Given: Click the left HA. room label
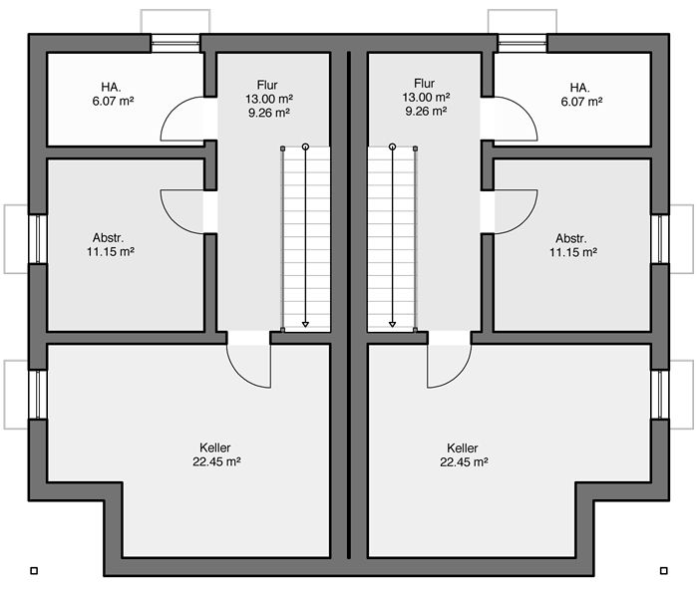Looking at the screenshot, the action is point(111,87).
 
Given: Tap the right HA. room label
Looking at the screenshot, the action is point(579,88).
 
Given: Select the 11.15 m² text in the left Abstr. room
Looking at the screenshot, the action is point(111,252).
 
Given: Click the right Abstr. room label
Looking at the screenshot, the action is point(571,238).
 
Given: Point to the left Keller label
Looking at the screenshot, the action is point(215,447).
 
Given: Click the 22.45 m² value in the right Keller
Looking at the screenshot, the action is point(465,462).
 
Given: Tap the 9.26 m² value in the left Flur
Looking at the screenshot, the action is point(269,113).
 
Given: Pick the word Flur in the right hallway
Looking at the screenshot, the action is point(424,83).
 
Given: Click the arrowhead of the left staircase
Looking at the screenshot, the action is point(305,325).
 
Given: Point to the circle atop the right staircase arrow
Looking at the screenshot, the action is point(392,147).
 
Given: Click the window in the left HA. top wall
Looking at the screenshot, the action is point(175,43).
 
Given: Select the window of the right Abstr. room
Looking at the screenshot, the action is point(660,239).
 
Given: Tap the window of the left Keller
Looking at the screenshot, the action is point(38,395).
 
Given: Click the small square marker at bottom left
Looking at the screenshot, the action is point(34,570).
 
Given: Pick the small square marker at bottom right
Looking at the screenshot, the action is point(664,570).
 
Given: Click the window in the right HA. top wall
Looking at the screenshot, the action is point(523,43).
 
